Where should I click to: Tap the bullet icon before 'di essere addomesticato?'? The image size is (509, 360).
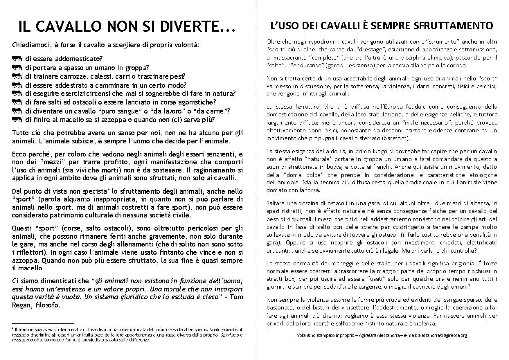[x=18, y=58]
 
